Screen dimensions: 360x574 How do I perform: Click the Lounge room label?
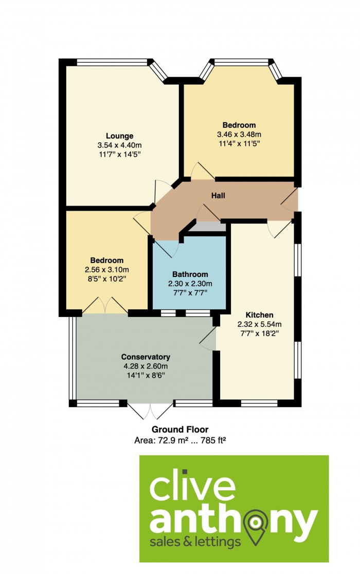(119, 136)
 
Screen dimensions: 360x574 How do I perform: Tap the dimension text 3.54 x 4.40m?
(119, 145)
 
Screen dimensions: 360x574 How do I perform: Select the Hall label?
(218, 195)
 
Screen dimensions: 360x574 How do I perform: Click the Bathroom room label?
(190, 274)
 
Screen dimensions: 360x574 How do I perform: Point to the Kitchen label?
(259, 315)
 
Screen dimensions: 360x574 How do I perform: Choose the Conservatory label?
(146, 357)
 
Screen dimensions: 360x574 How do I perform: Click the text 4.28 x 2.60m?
(146, 366)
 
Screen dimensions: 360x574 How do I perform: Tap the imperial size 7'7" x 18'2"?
(259, 334)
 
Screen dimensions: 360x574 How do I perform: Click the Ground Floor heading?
(180, 430)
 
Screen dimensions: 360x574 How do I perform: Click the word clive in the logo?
(192, 486)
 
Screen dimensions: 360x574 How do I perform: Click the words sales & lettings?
(195, 542)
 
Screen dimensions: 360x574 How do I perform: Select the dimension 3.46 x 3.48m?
(239, 134)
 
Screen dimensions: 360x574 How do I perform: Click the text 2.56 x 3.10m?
(107, 270)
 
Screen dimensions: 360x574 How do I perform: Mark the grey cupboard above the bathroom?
(208, 227)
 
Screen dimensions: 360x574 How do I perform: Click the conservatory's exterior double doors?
(150, 411)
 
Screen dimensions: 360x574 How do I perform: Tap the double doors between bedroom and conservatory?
(105, 305)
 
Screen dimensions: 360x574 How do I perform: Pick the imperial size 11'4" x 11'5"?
(239, 143)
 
